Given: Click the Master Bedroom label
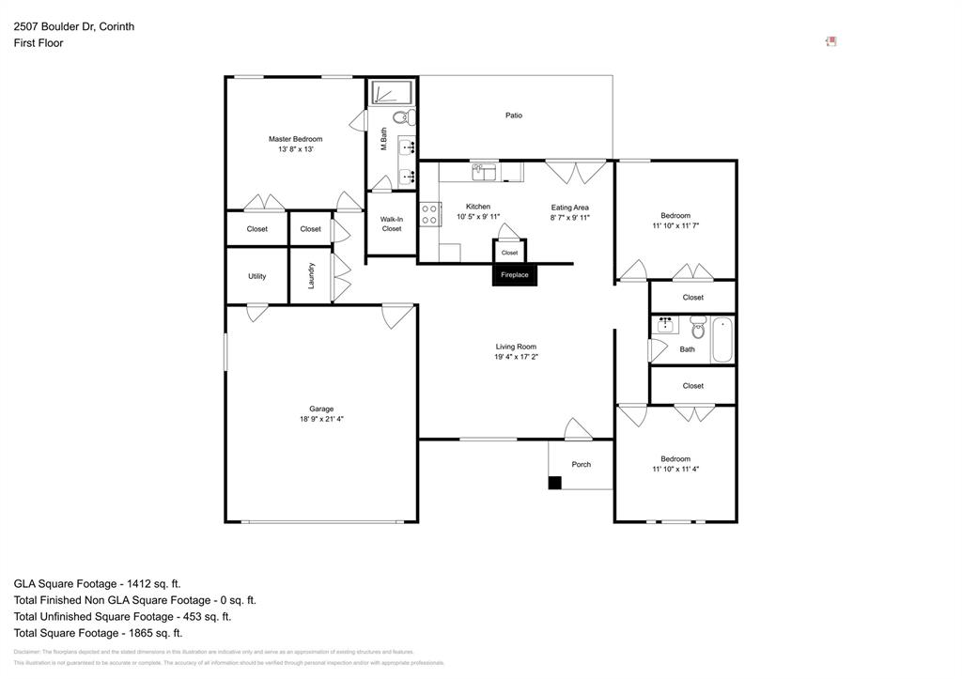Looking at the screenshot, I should pyautogui.click(x=295, y=139).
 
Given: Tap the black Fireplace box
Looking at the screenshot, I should pyautogui.click(x=514, y=275).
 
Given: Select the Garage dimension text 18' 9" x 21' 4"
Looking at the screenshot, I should pyautogui.click(x=321, y=420).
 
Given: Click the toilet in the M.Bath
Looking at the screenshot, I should pyautogui.click(x=401, y=118).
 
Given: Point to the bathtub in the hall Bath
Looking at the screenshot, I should pyautogui.click(x=721, y=340).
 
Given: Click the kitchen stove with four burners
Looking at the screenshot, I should pyautogui.click(x=430, y=214).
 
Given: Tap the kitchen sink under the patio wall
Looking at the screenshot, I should pyautogui.click(x=484, y=171).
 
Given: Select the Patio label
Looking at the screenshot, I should pyautogui.click(x=514, y=116).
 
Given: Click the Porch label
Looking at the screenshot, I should pyautogui.click(x=582, y=464).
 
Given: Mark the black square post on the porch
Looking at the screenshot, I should pyautogui.click(x=554, y=483).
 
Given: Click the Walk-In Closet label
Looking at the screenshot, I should pyautogui.click(x=392, y=224).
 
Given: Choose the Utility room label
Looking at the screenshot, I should pyautogui.click(x=257, y=276).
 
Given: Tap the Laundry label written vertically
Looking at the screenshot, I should pyautogui.click(x=311, y=275).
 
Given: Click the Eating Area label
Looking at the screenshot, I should pyautogui.click(x=569, y=208).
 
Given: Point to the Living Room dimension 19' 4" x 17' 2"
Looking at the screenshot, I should pyautogui.click(x=516, y=357).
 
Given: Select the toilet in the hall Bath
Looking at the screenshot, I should pyautogui.click(x=698, y=329).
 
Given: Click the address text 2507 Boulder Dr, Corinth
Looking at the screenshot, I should pyautogui.click(x=73, y=26).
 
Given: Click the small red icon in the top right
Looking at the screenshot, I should pyautogui.click(x=830, y=41).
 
